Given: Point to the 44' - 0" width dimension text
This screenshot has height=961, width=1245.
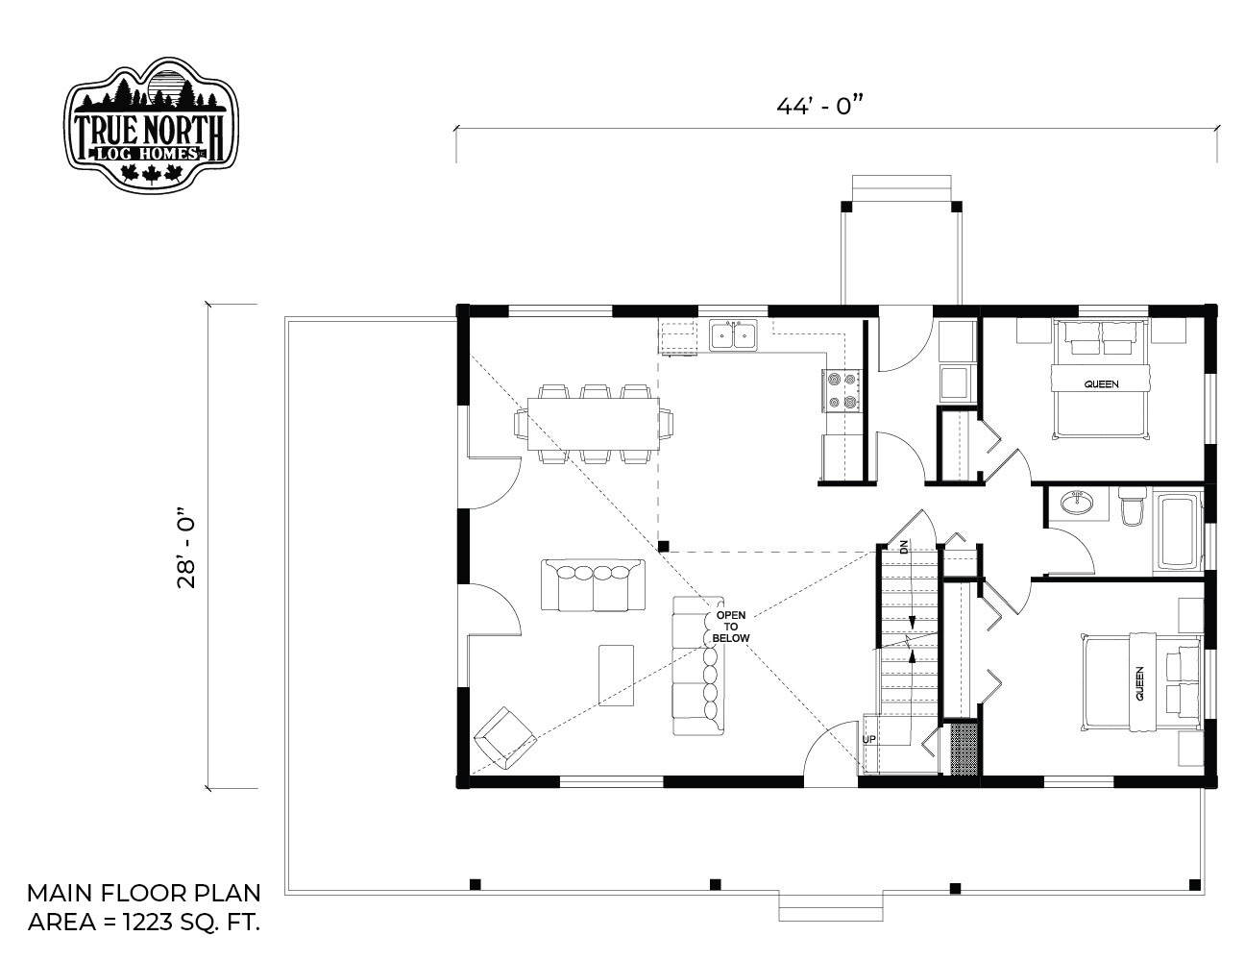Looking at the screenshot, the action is pyautogui.click(x=819, y=106).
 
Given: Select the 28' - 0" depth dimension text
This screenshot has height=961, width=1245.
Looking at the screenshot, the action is pyautogui.click(x=186, y=547).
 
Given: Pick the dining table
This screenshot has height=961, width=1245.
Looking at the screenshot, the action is pyautogui.click(x=593, y=424).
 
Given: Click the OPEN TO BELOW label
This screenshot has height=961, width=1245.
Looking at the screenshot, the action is pyautogui.click(x=730, y=627).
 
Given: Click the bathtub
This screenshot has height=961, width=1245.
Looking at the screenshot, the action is pyautogui.click(x=1178, y=531).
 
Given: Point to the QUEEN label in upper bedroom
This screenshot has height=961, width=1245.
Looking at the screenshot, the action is pyautogui.click(x=1101, y=384).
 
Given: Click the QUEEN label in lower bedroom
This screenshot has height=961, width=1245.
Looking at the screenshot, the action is pyautogui.click(x=1139, y=683).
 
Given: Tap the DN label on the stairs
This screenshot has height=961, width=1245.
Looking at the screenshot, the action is pyautogui.click(x=904, y=546).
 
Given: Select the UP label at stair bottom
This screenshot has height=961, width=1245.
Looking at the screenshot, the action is pyautogui.click(x=868, y=739).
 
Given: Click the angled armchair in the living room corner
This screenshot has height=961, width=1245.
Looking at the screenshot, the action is pyautogui.click(x=504, y=739).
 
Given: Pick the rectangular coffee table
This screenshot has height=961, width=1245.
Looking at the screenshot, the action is pyautogui.click(x=616, y=675).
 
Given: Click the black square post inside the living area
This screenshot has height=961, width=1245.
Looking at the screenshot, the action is pyautogui.click(x=663, y=546).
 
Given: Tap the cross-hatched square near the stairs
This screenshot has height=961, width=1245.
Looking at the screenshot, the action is pyautogui.click(x=964, y=750).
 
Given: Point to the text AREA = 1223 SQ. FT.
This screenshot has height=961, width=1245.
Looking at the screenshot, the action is pyautogui.click(x=144, y=922).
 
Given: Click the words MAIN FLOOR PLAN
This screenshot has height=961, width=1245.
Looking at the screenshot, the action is pyautogui.click(x=144, y=893).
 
